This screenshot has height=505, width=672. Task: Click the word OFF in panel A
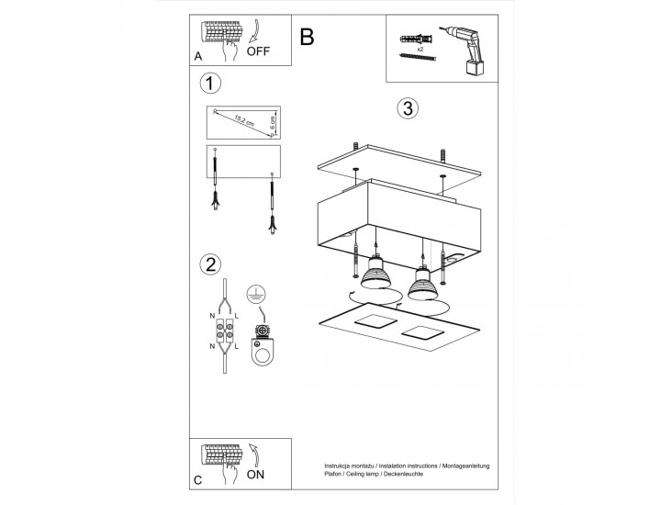pos(258,51)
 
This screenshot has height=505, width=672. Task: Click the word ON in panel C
pos(255,475)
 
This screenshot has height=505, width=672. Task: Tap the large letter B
pos(307,37)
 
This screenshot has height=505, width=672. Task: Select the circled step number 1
pos(210,84)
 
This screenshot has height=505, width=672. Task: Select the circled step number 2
pos(210,264)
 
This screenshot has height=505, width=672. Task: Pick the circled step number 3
pos(408,108)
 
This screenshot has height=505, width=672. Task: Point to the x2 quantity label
pos(420,50)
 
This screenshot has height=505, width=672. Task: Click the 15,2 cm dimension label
pos(244,121)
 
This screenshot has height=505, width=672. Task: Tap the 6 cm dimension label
pos(273,123)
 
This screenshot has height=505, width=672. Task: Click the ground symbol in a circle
pos(256,294)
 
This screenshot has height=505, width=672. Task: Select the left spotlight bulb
pos(375,273)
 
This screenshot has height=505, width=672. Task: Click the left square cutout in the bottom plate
pos(375,321)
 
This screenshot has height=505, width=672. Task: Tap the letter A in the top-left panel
pos(198,57)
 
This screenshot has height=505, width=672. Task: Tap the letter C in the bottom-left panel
pos(197,480)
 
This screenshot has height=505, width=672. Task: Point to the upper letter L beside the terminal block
pos(237,317)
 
